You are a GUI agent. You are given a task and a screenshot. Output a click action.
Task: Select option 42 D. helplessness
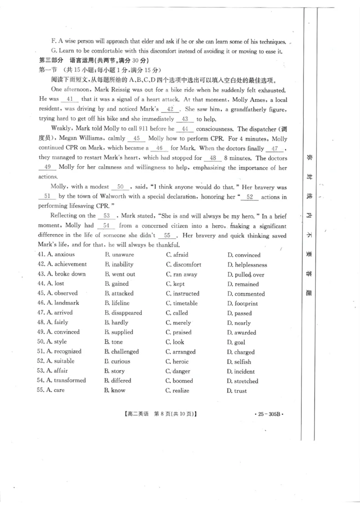[x=247, y=265]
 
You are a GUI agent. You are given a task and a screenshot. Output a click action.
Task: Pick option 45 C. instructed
[x=182, y=294]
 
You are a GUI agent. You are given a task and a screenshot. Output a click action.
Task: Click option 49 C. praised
[x=179, y=332]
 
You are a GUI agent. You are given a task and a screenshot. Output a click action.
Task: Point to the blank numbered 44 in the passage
[x=185, y=129]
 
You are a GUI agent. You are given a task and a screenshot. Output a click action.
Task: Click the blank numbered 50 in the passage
[x=120, y=187]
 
